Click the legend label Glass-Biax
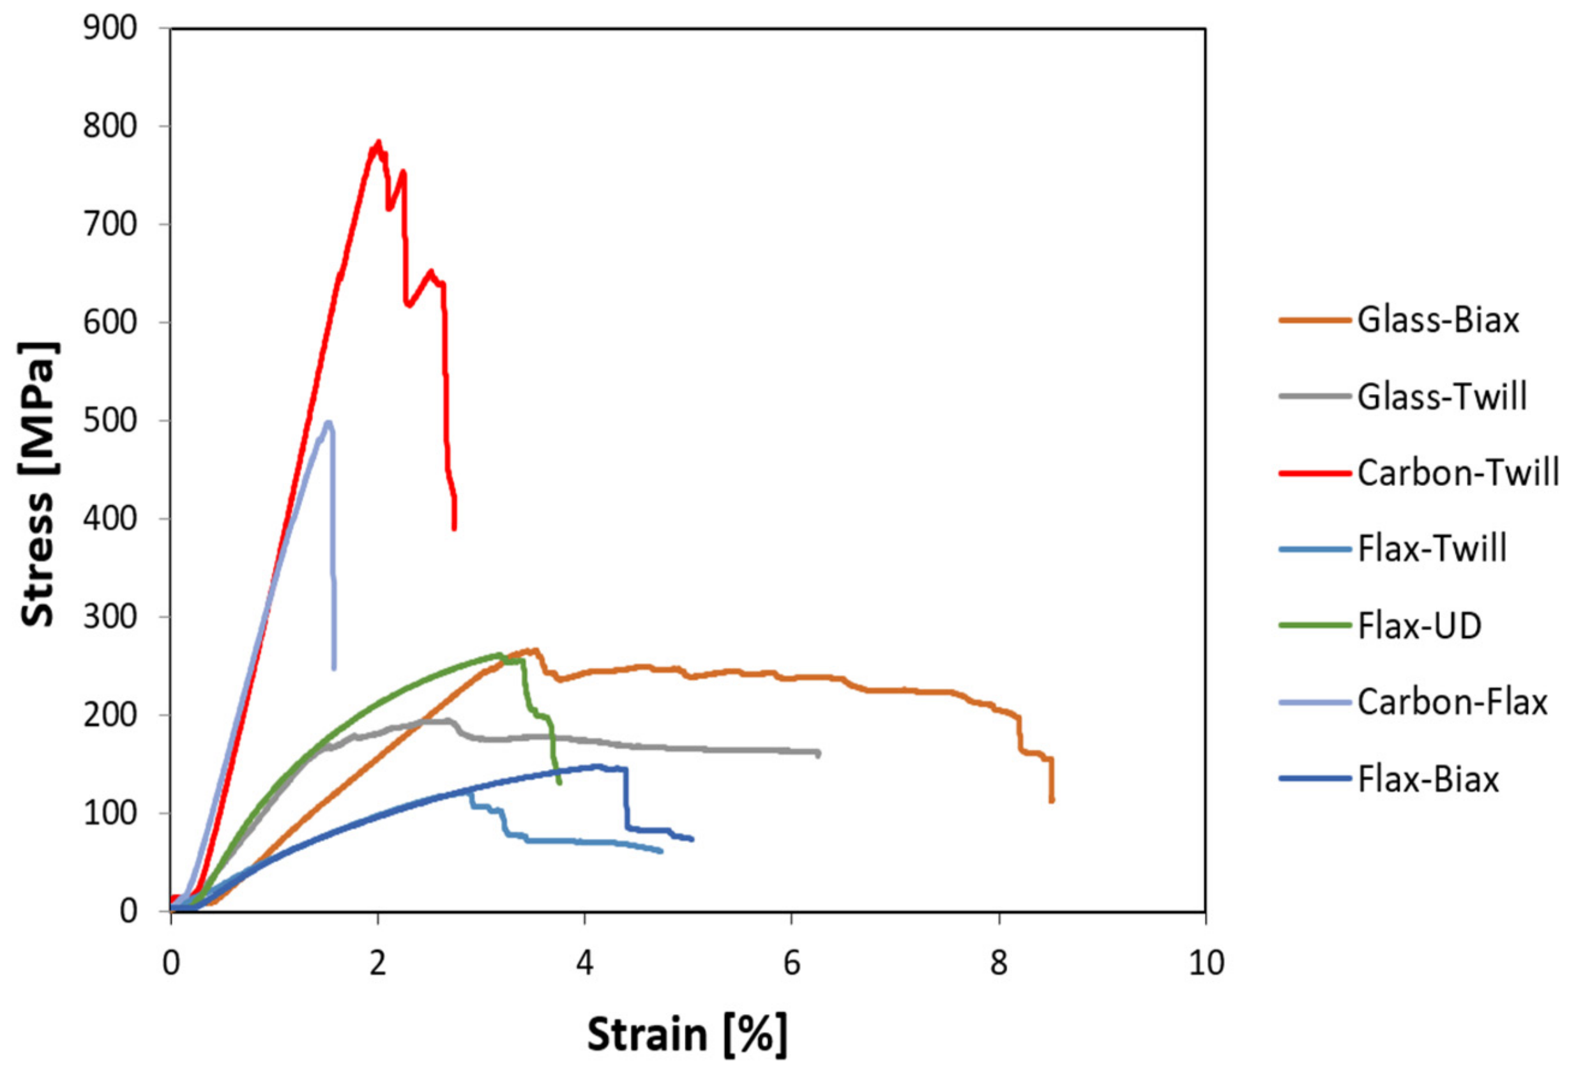click(x=1437, y=320)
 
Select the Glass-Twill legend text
click(x=1443, y=397)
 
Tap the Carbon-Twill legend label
click(x=1458, y=473)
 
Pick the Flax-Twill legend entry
click(x=1432, y=549)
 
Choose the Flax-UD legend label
click(x=1420, y=626)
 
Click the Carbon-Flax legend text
click(x=1453, y=703)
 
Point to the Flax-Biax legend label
click(x=1428, y=779)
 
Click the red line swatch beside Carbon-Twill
click(x=1315, y=473)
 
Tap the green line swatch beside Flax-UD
click(x=1315, y=626)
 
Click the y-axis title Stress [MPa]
click(x=39, y=483)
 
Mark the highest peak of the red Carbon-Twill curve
click(x=379, y=142)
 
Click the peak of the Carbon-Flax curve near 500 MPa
click(x=328, y=423)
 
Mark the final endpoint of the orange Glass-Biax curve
click(x=1052, y=801)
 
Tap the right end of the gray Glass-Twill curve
click(x=819, y=754)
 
